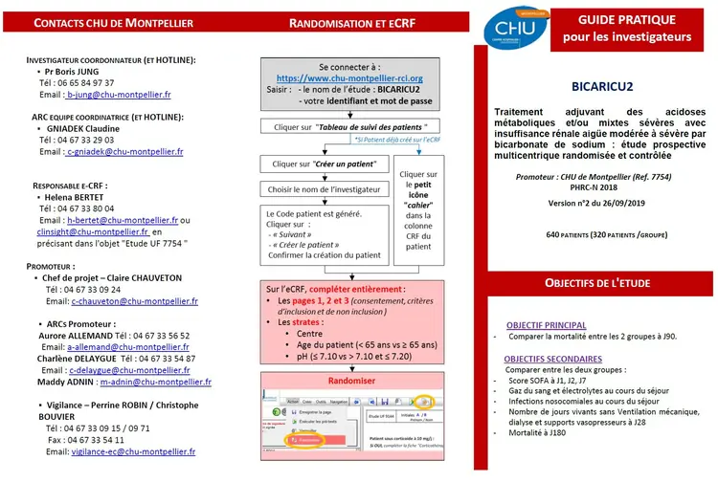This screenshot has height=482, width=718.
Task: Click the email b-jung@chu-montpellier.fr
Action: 119,95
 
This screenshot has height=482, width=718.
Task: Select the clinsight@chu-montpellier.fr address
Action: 94,231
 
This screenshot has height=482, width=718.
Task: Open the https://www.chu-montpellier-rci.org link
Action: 349,77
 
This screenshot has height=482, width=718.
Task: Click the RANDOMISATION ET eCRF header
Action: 350,22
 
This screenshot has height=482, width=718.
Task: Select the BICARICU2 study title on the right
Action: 602,87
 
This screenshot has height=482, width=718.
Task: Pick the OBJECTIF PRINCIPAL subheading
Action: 546,324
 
